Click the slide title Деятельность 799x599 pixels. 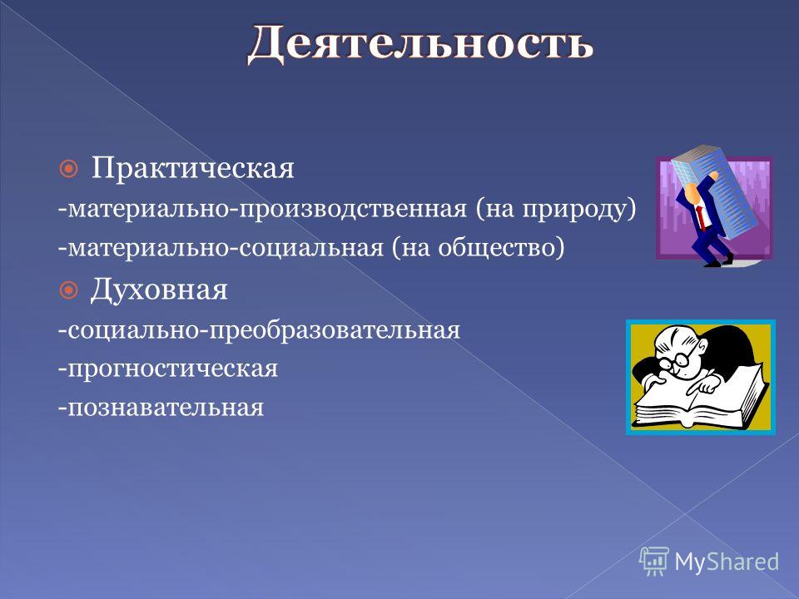420,42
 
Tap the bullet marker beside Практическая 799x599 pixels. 69,169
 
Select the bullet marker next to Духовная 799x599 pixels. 69,290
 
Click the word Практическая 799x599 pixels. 192,168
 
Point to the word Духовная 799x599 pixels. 159,290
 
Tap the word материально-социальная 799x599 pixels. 226,248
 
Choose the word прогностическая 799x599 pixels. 172,369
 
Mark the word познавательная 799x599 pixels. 165,408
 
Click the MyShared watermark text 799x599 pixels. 727,562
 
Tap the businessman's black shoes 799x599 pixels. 717,260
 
